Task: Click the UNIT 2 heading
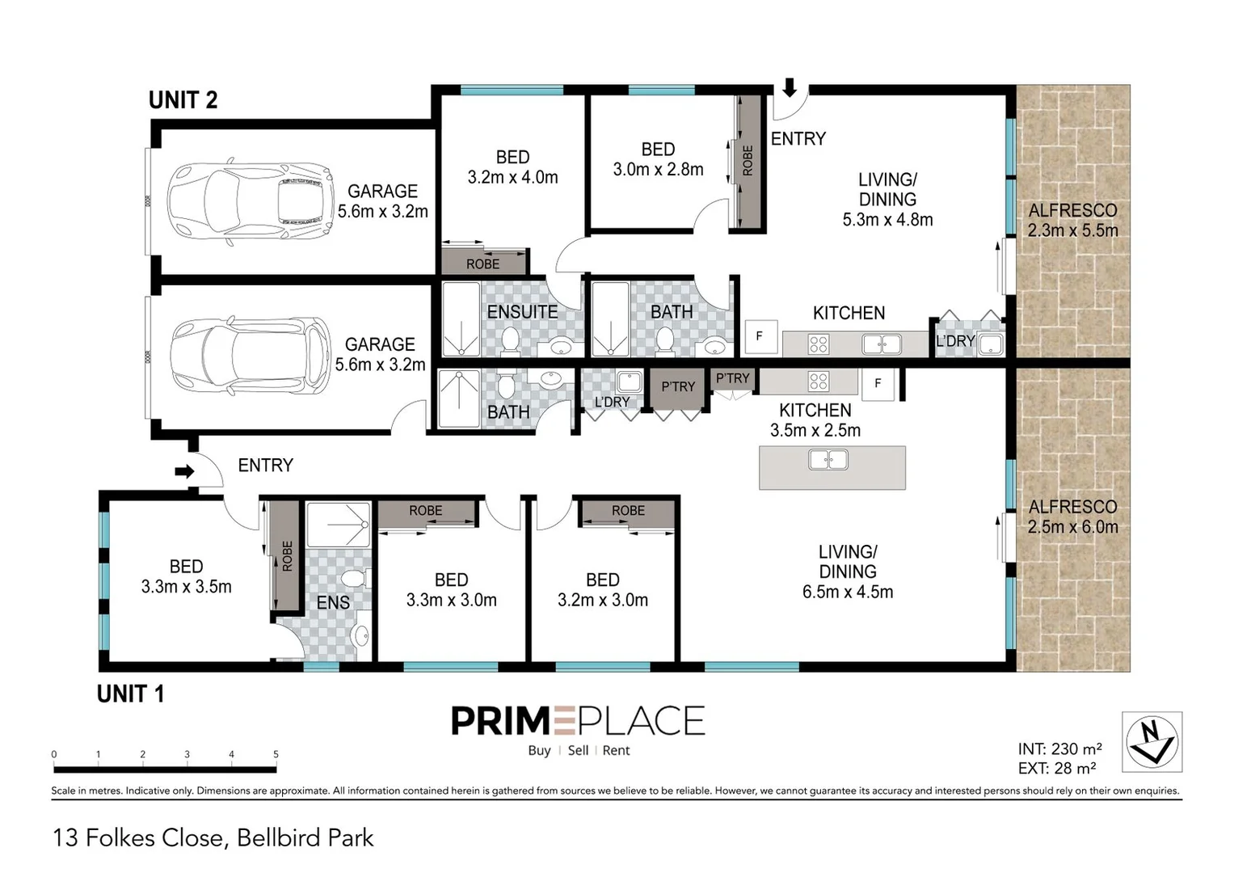click(x=183, y=100)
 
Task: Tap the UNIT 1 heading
click(x=130, y=694)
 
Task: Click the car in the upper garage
click(x=250, y=201)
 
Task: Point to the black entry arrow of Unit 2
click(x=790, y=87)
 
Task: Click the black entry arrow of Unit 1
click(x=185, y=471)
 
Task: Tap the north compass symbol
click(x=1152, y=741)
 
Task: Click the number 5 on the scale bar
click(x=276, y=754)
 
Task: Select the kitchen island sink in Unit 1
click(x=828, y=461)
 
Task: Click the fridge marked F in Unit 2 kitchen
click(x=759, y=336)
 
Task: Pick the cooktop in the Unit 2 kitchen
click(x=819, y=344)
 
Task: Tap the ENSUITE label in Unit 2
click(x=522, y=311)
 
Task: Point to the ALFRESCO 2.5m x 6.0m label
click(x=1072, y=517)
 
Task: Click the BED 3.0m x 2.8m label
click(x=658, y=159)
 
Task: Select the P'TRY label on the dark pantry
click(x=678, y=386)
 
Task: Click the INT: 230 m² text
click(x=1059, y=749)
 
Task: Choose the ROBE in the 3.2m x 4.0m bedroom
click(x=483, y=264)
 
